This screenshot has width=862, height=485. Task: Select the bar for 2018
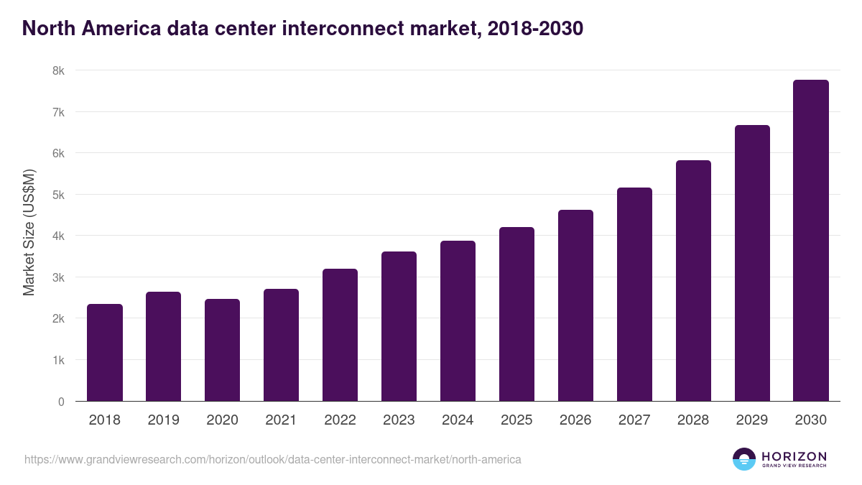pos(105,353)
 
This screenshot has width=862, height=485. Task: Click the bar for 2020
pos(223,350)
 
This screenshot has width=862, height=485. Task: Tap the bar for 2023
pos(399,326)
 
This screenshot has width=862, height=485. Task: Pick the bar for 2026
pos(576,305)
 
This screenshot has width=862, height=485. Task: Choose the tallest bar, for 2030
pos(811,241)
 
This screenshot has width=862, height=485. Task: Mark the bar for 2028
pos(693,281)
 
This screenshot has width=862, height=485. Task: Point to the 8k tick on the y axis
pos(58,70)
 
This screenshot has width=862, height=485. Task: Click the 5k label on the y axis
pos(58,195)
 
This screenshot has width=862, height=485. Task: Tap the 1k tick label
pos(58,360)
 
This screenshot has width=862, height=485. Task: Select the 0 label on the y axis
pos(61,402)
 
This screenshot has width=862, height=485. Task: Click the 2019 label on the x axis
pos(164,420)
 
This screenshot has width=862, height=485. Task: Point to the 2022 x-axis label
pos(340,420)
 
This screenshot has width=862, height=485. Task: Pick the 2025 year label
pos(517,420)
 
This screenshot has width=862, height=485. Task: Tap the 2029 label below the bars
pos(752,420)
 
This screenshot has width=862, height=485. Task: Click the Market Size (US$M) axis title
pos(29,232)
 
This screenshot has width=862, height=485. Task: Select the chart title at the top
pos(302,28)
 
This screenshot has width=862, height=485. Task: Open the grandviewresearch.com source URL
pos(273,459)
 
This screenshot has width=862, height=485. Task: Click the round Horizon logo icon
pos(744,459)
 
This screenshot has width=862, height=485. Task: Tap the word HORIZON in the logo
pos(794,456)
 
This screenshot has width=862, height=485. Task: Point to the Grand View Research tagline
pos(794,466)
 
